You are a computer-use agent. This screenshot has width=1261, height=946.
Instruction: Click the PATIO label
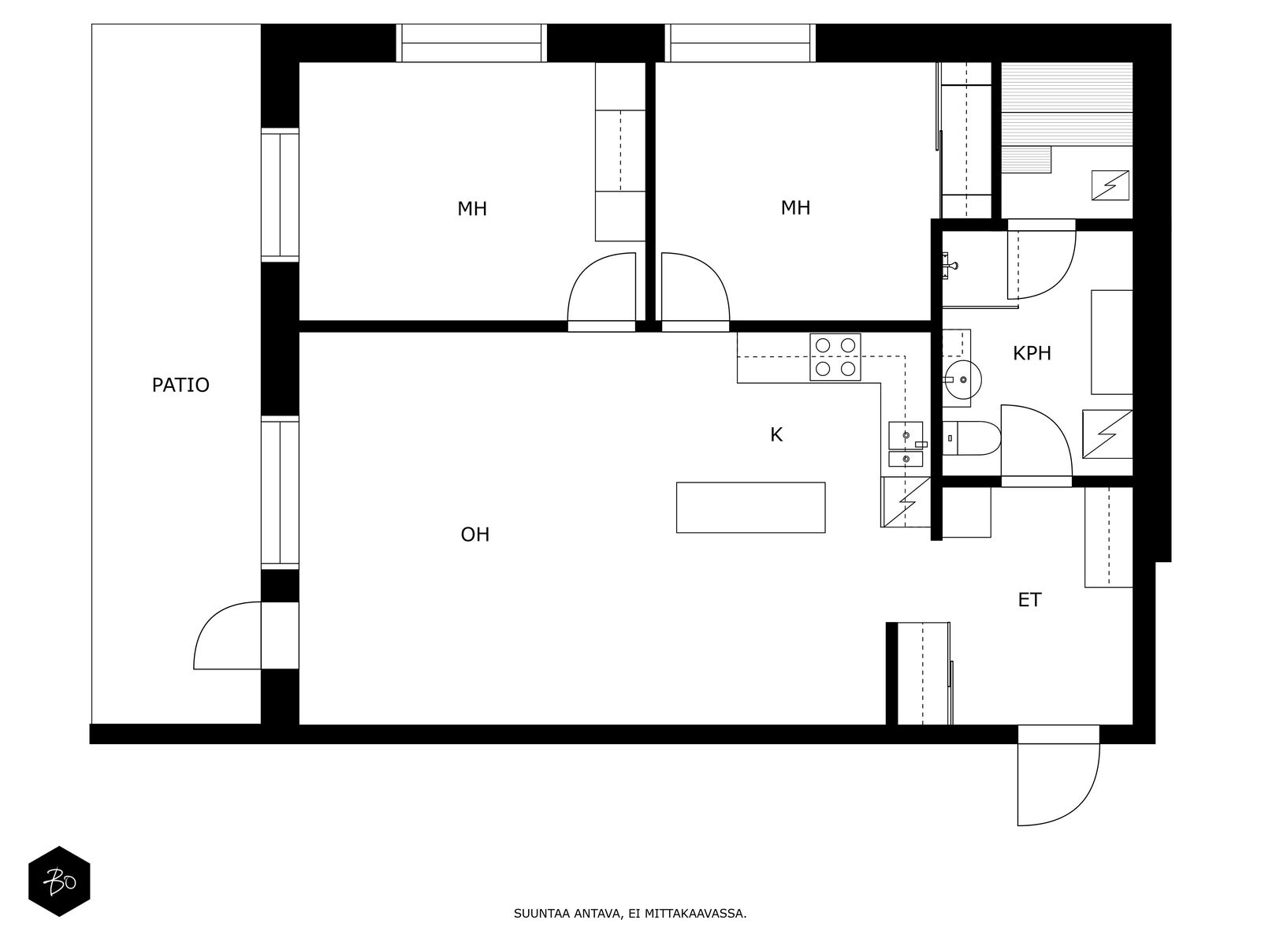tap(180, 385)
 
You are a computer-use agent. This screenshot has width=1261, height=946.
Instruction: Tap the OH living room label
tap(475, 534)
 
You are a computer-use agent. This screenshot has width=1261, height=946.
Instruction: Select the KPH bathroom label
tap(1032, 353)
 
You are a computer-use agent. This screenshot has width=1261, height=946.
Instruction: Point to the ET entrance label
tap(1029, 600)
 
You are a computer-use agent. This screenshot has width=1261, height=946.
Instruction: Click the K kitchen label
tap(776, 435)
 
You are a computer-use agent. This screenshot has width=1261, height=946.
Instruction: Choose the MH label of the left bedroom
tap(472, 208)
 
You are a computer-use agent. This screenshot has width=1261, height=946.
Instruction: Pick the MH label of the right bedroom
tap(795, 207)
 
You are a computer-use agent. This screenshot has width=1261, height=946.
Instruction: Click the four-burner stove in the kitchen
tap(835, 356)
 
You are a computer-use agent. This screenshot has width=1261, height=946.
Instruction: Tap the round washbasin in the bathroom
tap(962, 380)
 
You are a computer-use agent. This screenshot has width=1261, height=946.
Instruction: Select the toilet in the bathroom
tap(972, 438)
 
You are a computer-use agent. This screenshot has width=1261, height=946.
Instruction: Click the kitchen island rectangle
tap(751, 508)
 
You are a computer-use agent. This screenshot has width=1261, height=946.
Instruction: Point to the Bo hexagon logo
tap(59, 881)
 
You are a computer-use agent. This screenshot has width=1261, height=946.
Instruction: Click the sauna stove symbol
tap(1110, 185)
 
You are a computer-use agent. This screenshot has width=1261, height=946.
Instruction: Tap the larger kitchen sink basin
tap(906, 435)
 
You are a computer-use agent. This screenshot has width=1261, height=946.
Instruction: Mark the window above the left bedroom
tap(471, 43)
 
